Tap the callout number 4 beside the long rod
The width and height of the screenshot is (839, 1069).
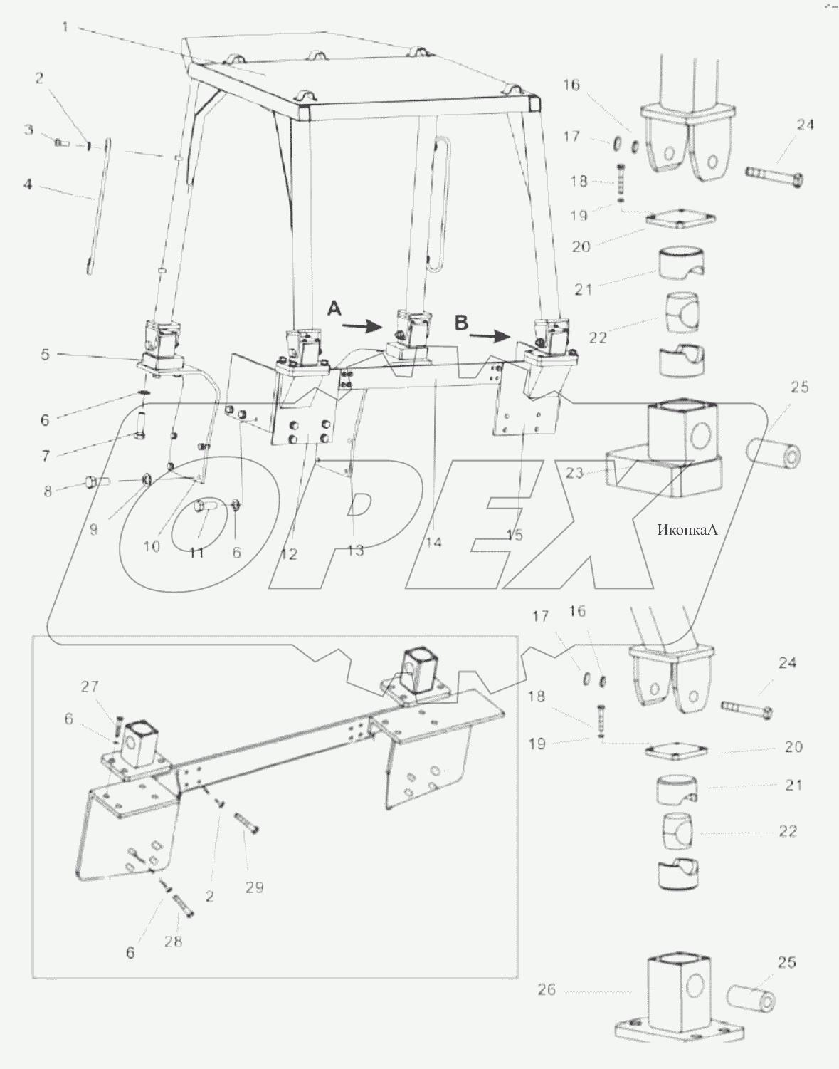tap(28, 184)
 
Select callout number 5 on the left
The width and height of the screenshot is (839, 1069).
tap(45, 354)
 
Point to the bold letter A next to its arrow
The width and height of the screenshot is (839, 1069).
tap(334, 308)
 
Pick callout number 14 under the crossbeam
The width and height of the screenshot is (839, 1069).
tap(433, 543)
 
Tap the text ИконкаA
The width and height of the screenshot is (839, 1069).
tap(688, 529)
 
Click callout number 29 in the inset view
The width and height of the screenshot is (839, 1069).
tap(254, 887)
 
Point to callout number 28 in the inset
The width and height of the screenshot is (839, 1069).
tap(173, 941)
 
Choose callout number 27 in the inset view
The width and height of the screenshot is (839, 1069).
tap(89, 687)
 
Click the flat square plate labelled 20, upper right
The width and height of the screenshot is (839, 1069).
tap(680, 220)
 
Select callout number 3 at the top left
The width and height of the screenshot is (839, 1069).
tap(28, 130)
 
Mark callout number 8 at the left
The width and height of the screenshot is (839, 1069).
tap(48, 491)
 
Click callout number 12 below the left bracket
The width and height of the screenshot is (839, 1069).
tap(288, 555)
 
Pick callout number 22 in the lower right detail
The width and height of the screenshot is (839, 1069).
tap(788, 831)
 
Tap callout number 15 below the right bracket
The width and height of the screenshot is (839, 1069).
tap(515, 535)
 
